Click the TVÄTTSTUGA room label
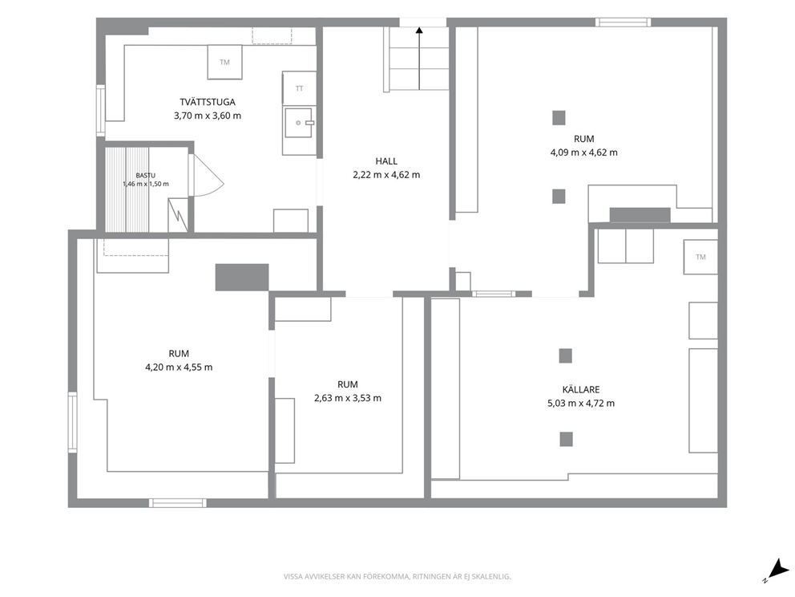208,102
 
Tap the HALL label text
386,161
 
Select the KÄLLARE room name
581,389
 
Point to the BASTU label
146,176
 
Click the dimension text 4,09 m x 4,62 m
584,152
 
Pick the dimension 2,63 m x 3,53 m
348,398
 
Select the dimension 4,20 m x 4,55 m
179,367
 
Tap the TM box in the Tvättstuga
224,62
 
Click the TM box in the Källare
700,257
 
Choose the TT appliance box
299,88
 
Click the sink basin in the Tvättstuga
299,123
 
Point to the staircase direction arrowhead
419,30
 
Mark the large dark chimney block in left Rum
242,277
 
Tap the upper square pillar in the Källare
565,355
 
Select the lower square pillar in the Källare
567,439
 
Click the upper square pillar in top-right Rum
559,118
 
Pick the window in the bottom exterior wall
178,503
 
